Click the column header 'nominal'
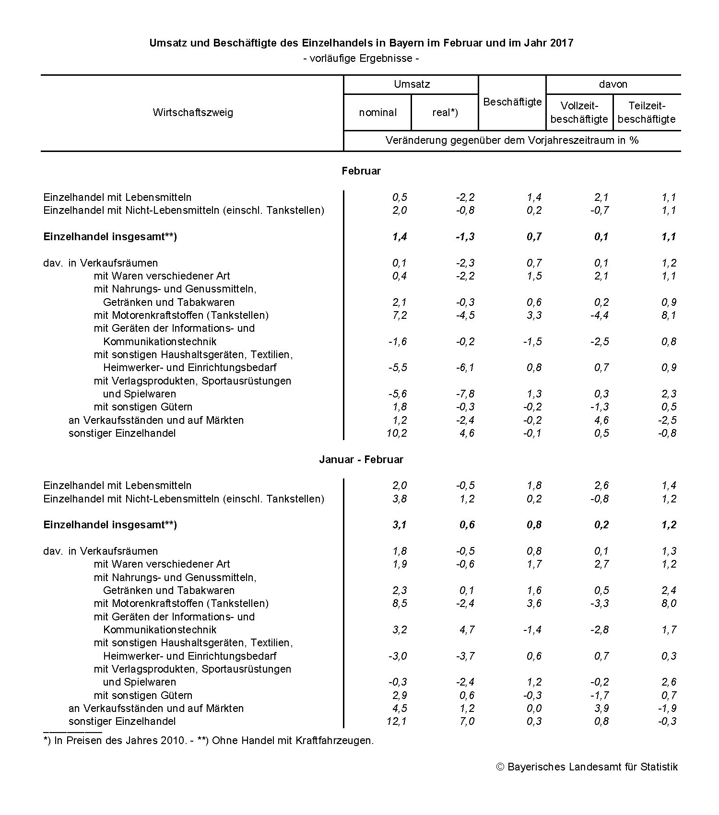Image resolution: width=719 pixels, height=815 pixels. (377, 112)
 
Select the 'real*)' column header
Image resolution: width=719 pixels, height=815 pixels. (445, 112)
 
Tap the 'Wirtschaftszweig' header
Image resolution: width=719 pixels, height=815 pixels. (193, 112)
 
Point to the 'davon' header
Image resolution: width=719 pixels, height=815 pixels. (613, 84)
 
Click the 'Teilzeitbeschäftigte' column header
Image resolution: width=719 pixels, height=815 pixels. (647, 112)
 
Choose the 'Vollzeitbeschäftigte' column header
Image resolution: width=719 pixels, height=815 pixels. (579, 112)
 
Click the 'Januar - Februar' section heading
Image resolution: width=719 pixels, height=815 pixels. (361, 459)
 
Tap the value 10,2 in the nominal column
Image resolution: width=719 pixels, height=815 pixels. (397, 433)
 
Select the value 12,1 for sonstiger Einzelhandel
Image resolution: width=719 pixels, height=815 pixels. (397, 721)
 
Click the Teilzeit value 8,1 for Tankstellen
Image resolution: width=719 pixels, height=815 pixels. (669, 315)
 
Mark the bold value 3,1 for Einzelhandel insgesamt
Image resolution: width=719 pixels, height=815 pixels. (399, 524)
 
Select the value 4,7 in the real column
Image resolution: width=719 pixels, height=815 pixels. (467, 629)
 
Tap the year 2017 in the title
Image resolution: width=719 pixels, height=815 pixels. (562, 43)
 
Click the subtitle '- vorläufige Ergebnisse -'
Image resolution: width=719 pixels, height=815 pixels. (361, 58)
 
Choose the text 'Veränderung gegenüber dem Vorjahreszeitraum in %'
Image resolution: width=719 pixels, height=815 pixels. (512, 140)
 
